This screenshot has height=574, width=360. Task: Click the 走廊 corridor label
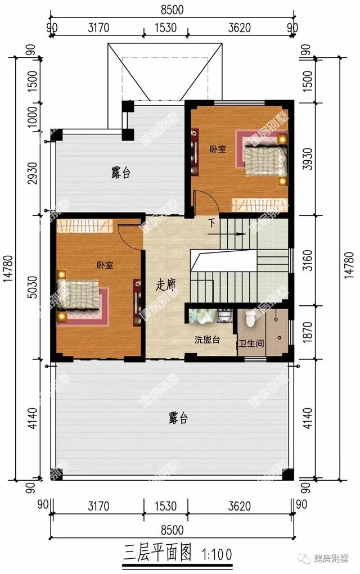pos(165,284)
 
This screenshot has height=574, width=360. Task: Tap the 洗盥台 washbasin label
pos(206,340)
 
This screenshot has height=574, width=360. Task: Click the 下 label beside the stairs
pos(211,223)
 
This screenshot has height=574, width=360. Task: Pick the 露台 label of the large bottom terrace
pos(177,418)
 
